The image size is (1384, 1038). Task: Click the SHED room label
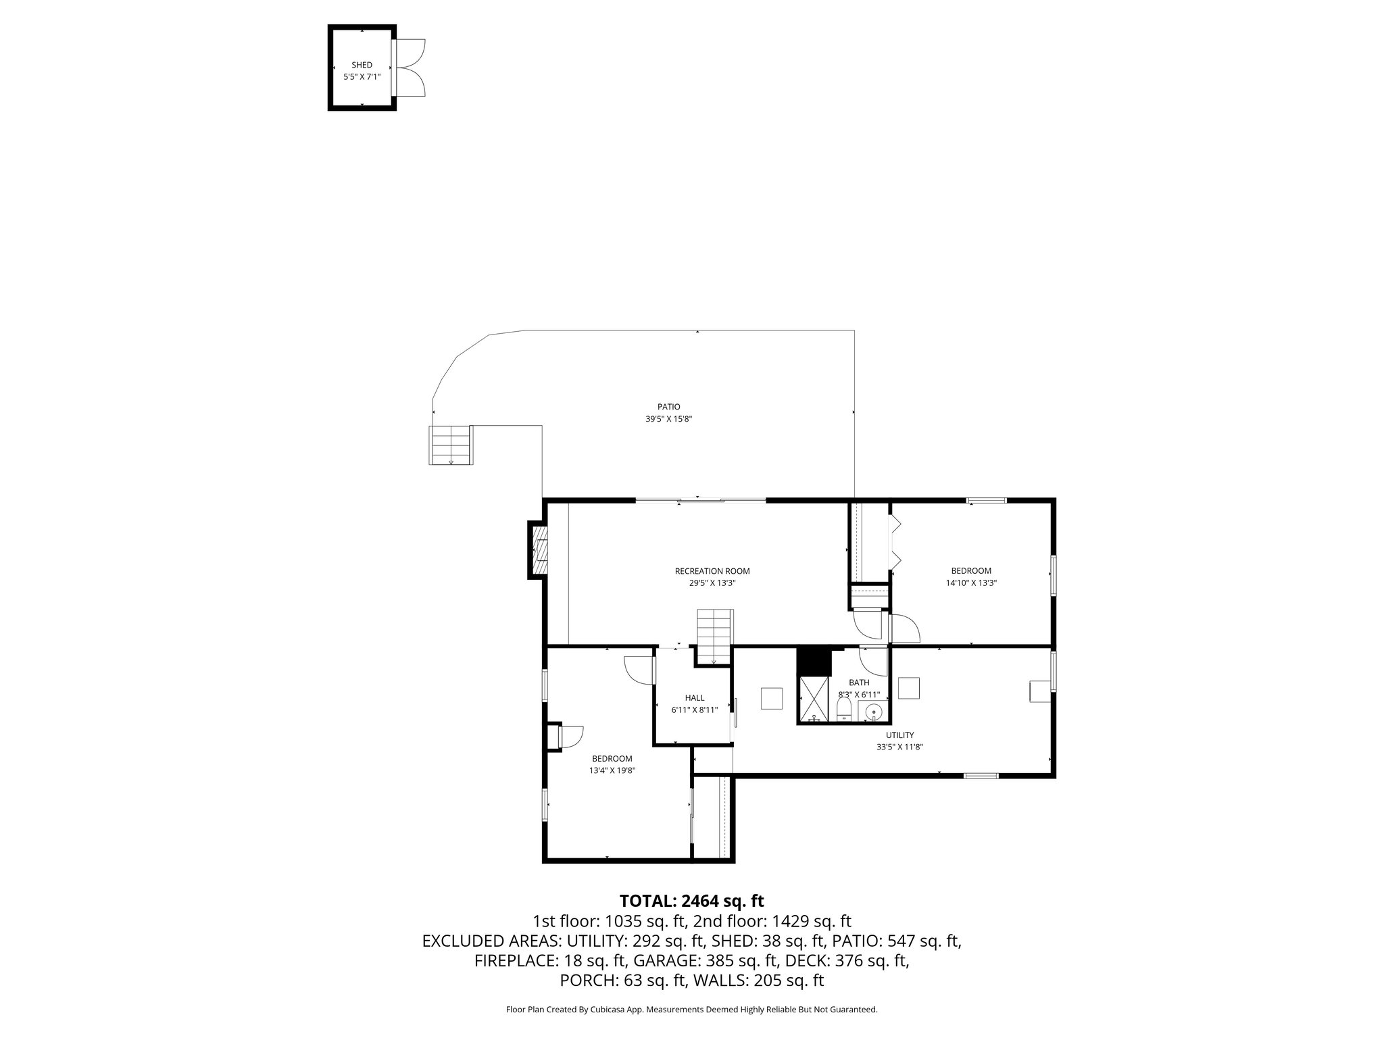(362, 65)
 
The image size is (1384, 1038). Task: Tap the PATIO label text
(668, 407)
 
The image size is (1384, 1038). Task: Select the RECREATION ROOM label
(712, 571)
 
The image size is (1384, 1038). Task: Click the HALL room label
(694, 697)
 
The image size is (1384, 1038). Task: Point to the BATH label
(859, 683)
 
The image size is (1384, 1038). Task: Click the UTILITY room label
(899, 735)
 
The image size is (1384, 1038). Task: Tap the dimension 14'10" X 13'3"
(971, 583)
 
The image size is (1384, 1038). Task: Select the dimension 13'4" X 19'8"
(612, 770)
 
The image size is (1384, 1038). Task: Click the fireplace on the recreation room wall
(539, 549)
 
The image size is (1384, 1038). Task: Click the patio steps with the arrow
(450, 445)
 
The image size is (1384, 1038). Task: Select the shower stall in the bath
(814, 699)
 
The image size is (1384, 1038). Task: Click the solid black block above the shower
(813, 660)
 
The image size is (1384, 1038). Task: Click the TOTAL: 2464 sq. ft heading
(691, 901)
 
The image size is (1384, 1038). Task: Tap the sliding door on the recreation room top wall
(700, 500)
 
